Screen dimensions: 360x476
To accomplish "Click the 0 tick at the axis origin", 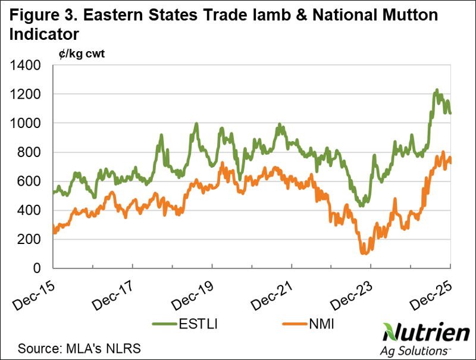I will (42, 268).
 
